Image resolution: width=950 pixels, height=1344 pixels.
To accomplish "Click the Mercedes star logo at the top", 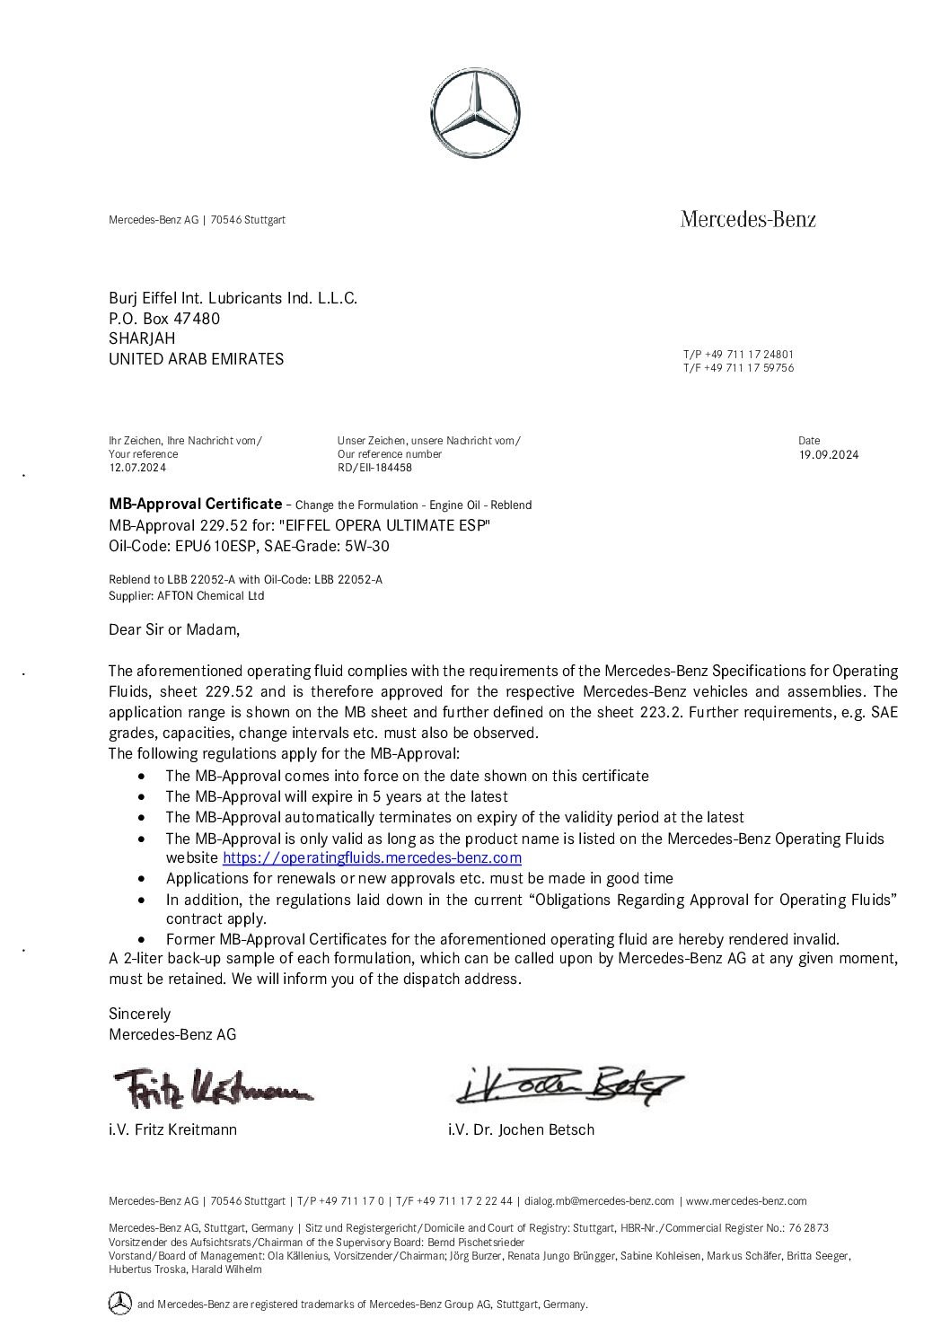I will [x=474, y=118].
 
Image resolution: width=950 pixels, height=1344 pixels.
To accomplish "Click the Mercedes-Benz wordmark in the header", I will [x=748, y=219].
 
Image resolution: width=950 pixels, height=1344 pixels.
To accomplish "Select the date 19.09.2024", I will [x=828, y=455].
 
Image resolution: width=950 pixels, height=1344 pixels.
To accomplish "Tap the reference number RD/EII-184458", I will [x=374, y=468].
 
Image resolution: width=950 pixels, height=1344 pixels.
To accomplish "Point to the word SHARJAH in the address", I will [x=142, y=338].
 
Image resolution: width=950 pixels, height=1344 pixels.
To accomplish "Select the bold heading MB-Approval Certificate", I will [x=195, y=504].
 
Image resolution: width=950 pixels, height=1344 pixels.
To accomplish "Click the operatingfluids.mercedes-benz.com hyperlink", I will [x=372, y=858].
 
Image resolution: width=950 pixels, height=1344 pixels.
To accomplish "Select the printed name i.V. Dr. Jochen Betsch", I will [x=521, y=1129].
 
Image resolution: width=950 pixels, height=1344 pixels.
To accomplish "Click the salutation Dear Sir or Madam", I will [x=174, y=629].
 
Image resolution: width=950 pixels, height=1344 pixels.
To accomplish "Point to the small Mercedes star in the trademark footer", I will [x=119, y=1303].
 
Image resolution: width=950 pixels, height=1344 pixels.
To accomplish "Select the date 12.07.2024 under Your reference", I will [x=136, y=468].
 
